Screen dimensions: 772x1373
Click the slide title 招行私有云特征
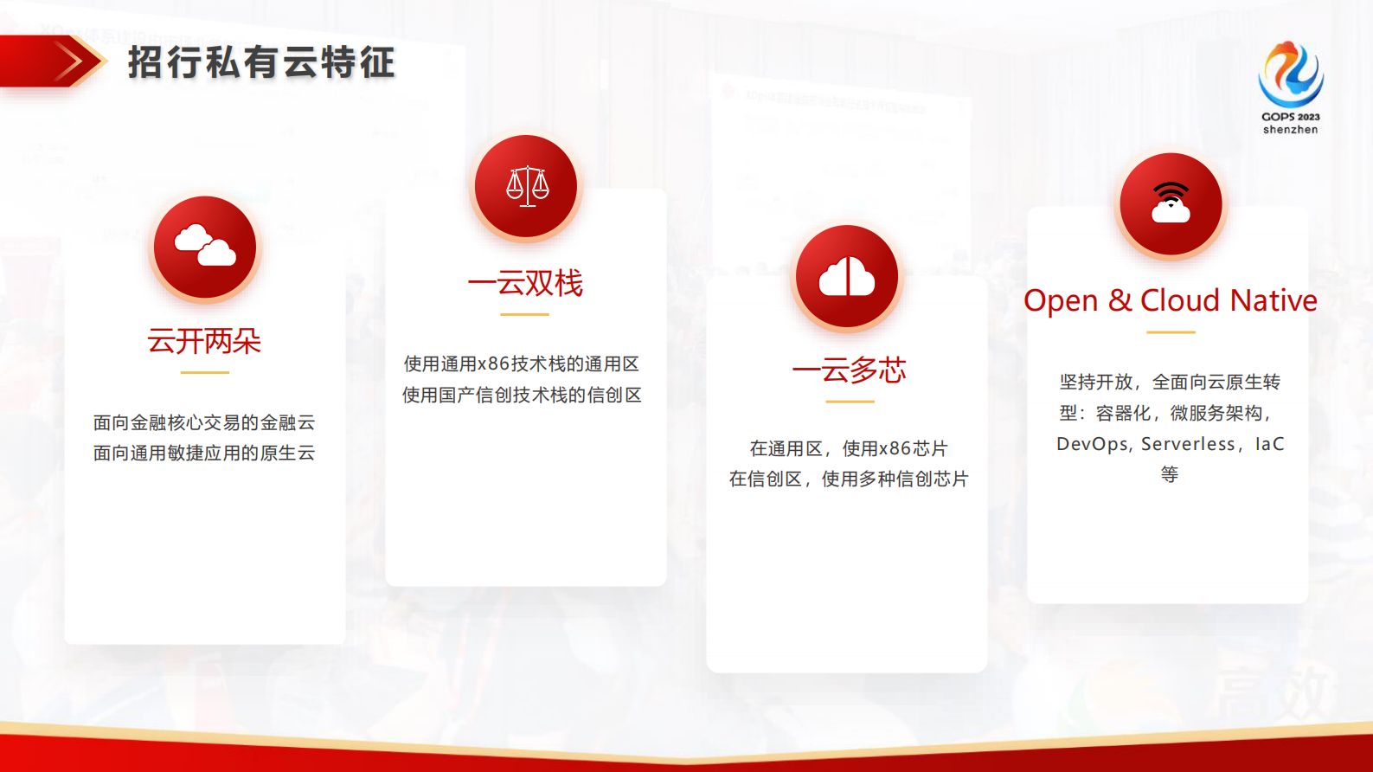point(261,62)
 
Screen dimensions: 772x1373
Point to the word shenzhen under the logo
point(1290,130)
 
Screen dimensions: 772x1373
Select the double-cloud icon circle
point(205,247)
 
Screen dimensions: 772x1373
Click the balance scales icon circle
point(526,186)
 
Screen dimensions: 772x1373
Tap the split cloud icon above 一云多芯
point(847,276)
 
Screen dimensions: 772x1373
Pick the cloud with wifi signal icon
point(1171,204)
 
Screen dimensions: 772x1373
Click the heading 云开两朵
point(204,341)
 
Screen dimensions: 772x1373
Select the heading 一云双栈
point(525,283)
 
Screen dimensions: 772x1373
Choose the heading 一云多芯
point(849,370)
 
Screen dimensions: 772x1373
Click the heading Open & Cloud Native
point(1170,300)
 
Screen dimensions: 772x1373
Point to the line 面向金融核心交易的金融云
point(204,422)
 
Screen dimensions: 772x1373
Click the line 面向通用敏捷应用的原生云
point(204,453)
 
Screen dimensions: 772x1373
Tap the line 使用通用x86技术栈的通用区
point(522,363)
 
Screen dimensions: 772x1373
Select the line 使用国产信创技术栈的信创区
point(522,395)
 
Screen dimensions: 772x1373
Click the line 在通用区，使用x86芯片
point(849,448)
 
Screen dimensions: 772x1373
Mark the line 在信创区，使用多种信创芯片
point(849,479)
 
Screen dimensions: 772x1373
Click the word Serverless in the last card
point(1188,444)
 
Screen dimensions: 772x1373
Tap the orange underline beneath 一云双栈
point(524,314)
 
